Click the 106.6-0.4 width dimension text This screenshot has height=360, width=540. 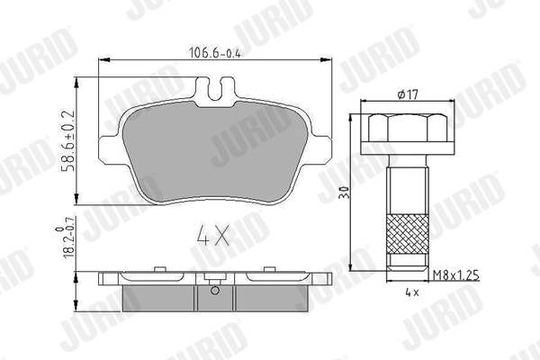click(214, 50)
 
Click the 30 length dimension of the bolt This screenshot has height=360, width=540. click(344, 193)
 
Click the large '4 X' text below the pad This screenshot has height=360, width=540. click(213, 240)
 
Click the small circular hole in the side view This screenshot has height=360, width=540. click(213, 291)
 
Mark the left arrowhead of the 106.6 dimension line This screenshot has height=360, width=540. click(98, 60)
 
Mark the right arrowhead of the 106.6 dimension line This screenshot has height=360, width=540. click(328, 60)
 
